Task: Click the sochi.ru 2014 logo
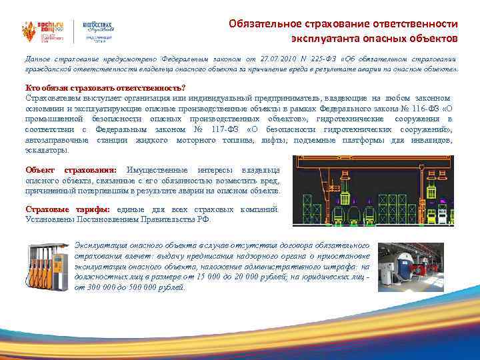point(37,23)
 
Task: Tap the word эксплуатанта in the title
point(320,37)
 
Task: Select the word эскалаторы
point(47,150)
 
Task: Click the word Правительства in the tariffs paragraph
point(167,219)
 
